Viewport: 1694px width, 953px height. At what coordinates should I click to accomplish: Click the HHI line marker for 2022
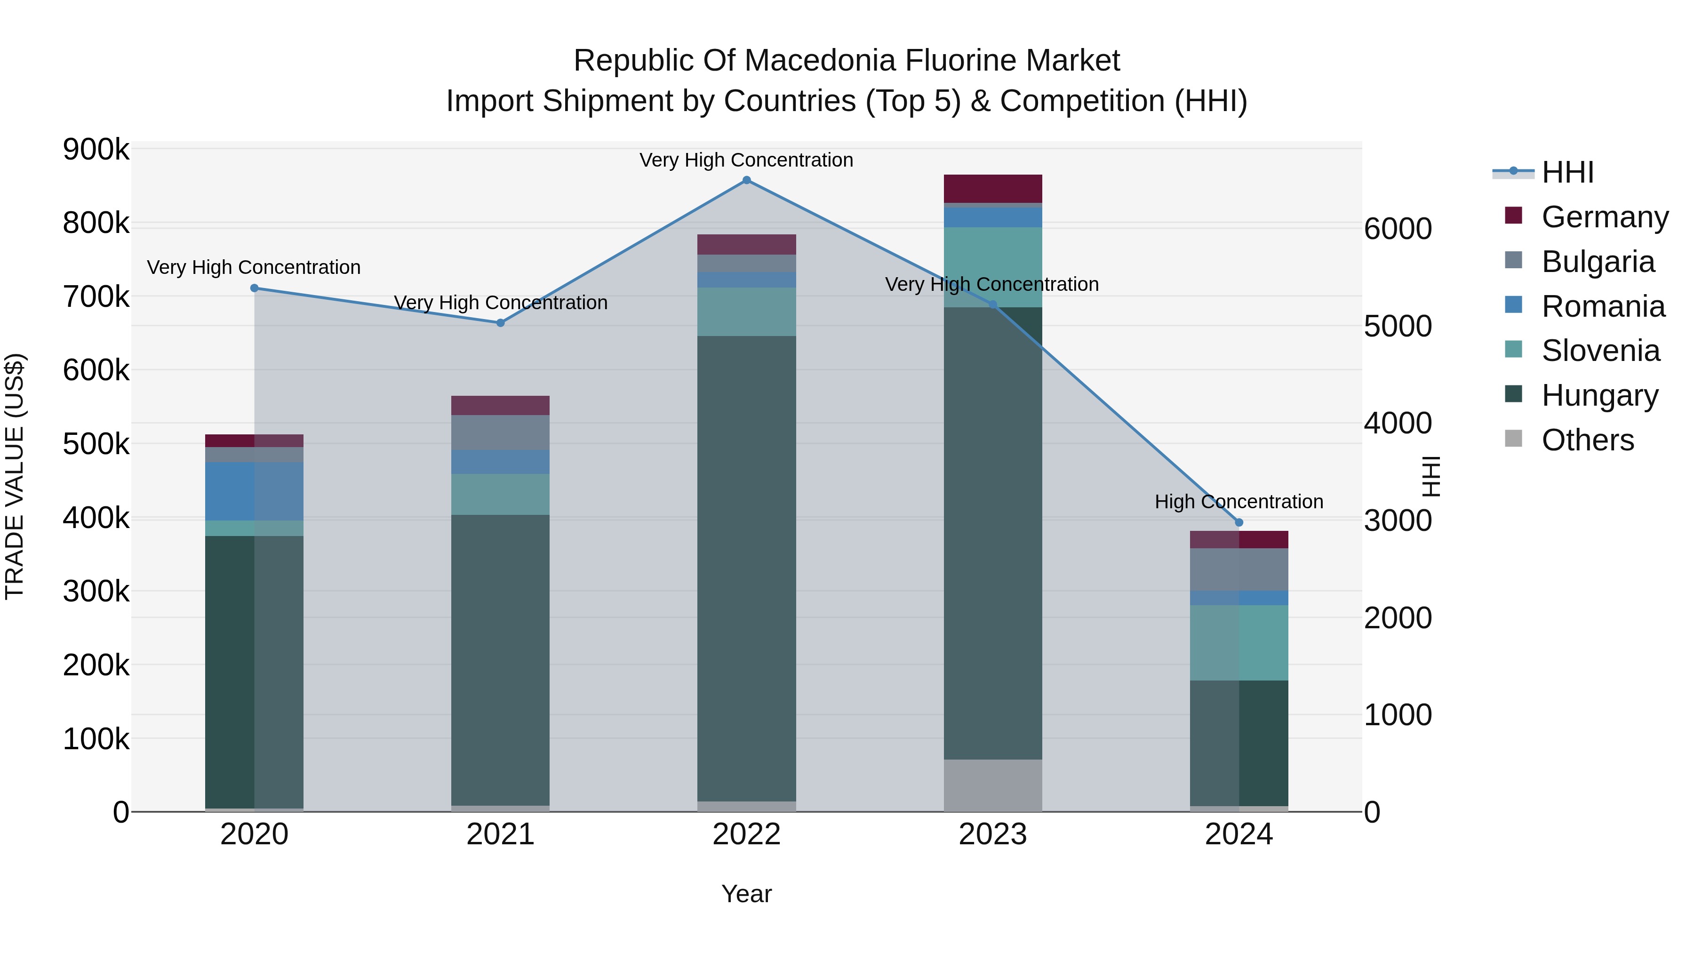pos(746,180)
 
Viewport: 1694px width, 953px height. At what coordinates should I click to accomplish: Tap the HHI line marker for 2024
pos(1239,523)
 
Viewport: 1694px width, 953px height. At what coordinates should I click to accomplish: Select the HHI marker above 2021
pos(501,323)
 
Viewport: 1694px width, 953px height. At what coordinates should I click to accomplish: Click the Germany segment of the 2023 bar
pos(992,189)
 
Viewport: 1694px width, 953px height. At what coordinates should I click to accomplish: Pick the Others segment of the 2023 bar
pos(992,785)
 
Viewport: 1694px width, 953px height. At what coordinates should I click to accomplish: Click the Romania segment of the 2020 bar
pos(255,491)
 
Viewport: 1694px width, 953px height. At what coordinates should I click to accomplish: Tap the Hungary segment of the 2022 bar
pos(746,569)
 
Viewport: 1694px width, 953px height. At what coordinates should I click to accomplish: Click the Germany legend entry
pos(1604,217)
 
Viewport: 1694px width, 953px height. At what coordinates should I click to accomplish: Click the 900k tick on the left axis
pos(96,150)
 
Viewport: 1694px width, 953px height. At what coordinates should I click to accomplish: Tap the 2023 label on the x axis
pos(992,834)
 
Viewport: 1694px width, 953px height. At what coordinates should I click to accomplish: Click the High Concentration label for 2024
pos(1239,502)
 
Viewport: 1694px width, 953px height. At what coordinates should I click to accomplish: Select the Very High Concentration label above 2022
pos(746,160)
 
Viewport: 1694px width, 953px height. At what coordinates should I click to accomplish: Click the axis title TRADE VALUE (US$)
pos(15,476)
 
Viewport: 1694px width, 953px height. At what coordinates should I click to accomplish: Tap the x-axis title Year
pos(746,894)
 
